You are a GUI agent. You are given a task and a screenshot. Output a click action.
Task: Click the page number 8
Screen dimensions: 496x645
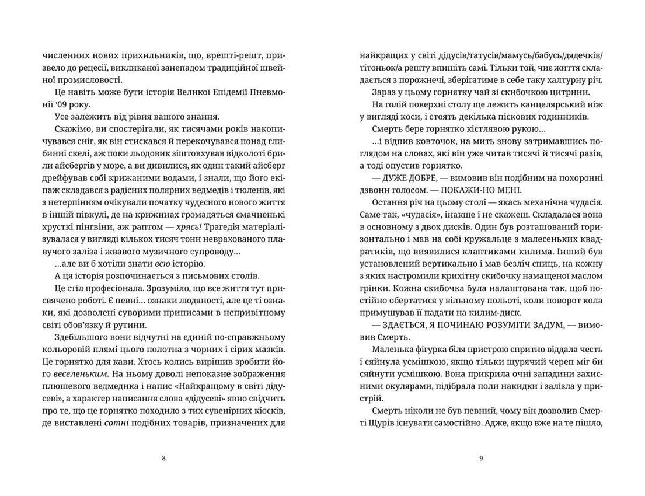pos(163,458)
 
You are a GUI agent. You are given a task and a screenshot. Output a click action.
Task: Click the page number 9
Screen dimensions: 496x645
pos(480,458)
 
